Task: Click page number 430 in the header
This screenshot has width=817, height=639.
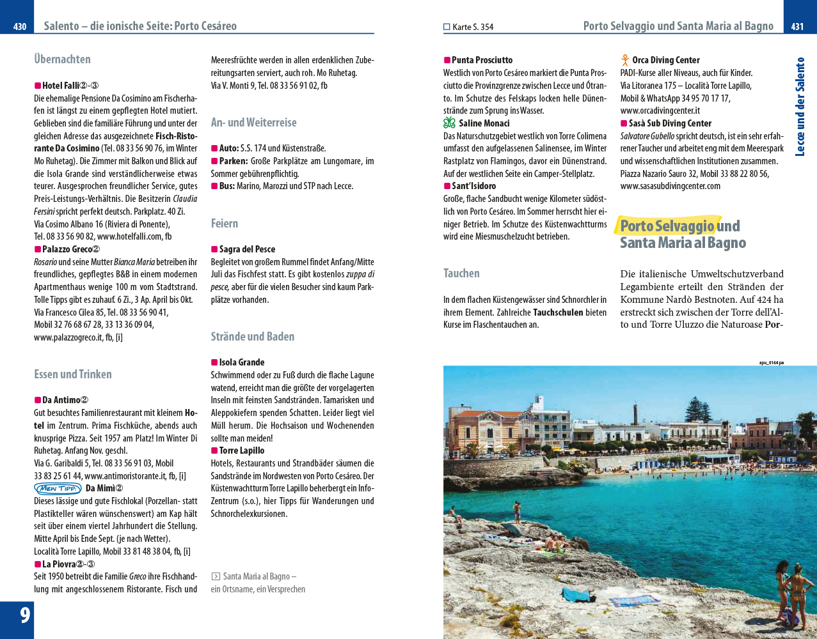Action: tap(20, 26)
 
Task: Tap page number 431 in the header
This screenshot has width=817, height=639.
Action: tap(797, 26)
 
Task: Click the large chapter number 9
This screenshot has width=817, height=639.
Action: tap(25, 615)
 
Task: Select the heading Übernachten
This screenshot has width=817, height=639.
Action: tap(62, 59)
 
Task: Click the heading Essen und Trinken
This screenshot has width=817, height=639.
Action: tap(73, 374)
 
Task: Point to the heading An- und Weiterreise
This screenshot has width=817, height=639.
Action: tap(253, 123)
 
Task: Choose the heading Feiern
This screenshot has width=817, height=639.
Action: tap(224, 224)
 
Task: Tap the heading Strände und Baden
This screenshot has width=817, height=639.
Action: tap(253, 337)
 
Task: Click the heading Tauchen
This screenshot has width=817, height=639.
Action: tap(461, 273)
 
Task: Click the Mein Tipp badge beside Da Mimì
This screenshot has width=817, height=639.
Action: tap(58, 489)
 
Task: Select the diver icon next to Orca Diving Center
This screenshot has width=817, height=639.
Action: tap(625, 60)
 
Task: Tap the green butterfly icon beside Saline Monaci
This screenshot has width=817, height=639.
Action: tap(449, 123)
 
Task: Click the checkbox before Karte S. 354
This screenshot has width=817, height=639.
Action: tap(447, 27)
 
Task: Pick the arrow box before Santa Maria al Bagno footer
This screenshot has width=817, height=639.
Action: tap(216, 576)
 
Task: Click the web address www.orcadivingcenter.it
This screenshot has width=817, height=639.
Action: tap(660, 111)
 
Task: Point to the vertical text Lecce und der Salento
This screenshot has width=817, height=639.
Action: tap(800, 107)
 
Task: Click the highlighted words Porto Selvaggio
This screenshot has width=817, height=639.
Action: tap(667, 226)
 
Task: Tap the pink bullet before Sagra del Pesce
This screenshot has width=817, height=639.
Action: tap(214, 249)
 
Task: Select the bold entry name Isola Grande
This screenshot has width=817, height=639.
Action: tap(241, 362)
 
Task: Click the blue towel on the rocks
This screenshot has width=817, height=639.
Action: tap(578, 596)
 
